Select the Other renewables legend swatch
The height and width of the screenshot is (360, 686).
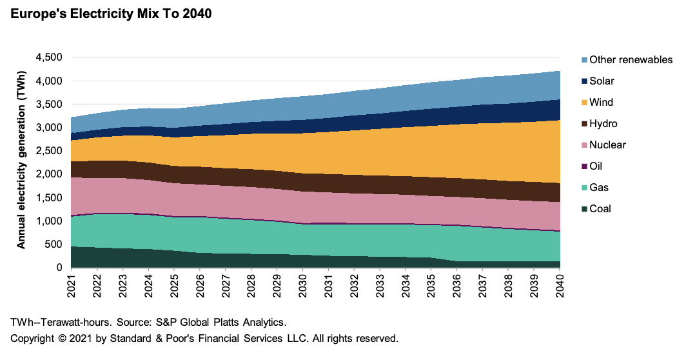click(584, 60)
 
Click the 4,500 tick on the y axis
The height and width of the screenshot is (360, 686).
click(48, 57)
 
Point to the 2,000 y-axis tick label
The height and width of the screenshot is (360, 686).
click(48, 174)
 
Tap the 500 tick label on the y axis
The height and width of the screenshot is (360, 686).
click(54, 245)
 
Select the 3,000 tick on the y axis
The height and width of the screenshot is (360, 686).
click(48, 128)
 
